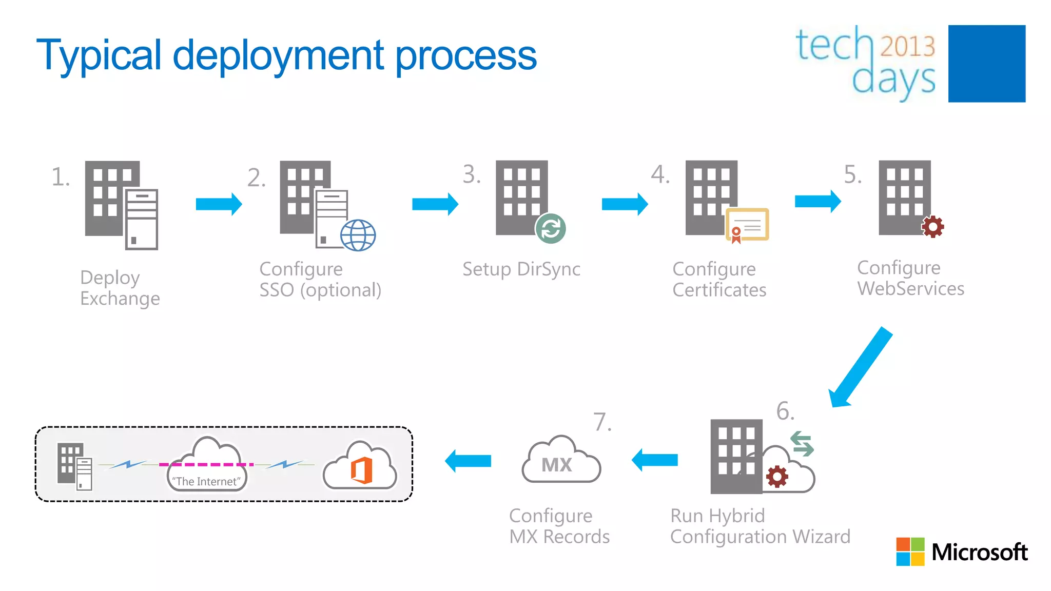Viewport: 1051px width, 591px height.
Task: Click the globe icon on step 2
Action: click(358, 235)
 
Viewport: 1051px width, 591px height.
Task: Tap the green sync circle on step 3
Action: click(550, 228)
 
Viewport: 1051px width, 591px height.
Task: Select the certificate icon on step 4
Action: click(747, 225)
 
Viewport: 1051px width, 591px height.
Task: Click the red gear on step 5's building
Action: click(932, 226)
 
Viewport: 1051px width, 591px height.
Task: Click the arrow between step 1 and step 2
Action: click(219, 204)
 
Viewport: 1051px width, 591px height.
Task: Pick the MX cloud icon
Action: click(560, 461)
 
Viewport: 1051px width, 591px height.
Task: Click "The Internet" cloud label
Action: click(206, 481)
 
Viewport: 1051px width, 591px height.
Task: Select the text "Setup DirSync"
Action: click(521, 269)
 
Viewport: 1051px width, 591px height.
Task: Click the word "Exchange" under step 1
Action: click(120, 299)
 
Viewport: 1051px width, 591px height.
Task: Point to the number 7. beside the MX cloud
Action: click(602, 422)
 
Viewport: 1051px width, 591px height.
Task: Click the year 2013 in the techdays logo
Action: click(907, 46)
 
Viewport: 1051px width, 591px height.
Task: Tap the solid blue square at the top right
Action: click(986, 64)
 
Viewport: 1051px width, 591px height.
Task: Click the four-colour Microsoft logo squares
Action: click(910, 551)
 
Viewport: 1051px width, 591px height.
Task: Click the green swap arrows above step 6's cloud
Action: click(802, 444)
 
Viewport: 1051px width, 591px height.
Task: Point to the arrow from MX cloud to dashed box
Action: click(468, 461)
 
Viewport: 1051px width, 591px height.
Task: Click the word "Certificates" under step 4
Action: click(719, 290)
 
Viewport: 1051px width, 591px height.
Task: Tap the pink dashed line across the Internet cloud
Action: click(206, 464)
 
